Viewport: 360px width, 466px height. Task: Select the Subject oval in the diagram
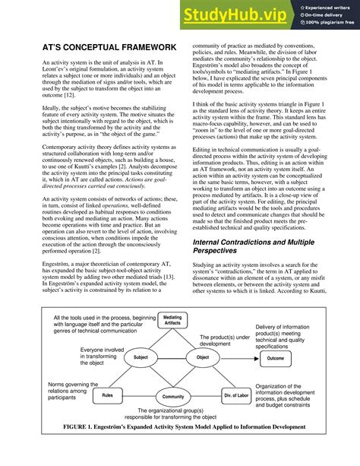(x=141, y=357)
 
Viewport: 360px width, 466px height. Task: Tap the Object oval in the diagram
(x=203, y=357)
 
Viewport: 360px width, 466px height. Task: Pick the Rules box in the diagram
(x=108, y=395)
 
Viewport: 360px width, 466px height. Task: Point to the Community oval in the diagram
(x=172, y=396)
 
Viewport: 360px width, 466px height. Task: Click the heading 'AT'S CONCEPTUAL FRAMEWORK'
(x=109, y=47)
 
